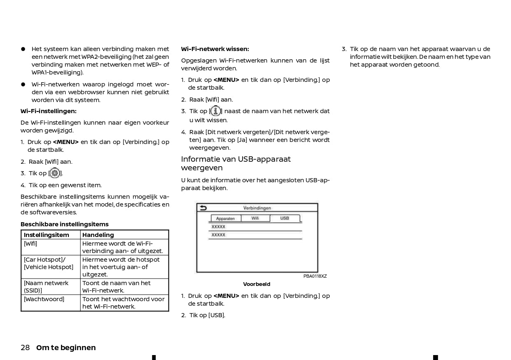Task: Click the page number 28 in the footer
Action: [25, 348]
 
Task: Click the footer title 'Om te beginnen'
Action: [66, 348]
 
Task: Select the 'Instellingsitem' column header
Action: [46, 235]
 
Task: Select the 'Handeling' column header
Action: [98, 235]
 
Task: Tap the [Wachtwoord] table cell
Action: [44, 299]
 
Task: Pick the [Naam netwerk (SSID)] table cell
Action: [46, 287]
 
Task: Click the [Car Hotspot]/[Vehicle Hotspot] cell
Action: [49, 263]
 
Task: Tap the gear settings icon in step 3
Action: [55, 173]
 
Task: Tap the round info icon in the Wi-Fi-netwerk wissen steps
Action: [215, 111]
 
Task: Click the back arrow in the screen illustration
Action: [203, 208]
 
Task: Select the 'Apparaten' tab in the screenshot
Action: [225, 218]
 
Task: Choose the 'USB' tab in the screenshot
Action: [285, 218]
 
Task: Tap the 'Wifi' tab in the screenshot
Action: [255, 218]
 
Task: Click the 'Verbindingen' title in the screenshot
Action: [257, 208]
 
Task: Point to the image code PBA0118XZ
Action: [315, 276]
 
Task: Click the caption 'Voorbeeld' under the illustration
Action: [257, 284]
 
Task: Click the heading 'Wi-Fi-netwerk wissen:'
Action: [215, 49]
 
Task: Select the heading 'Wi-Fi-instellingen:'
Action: [49, 111]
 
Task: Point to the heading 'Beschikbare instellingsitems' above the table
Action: [65, 224]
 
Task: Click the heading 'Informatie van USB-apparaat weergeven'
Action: [236, 163]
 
